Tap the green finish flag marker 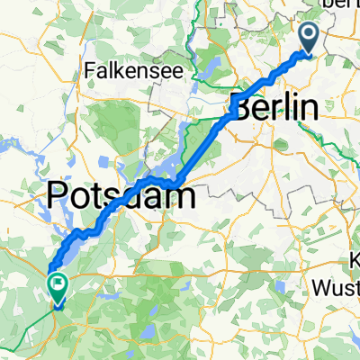click(57, 286)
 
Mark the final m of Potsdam click(181, 195)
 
